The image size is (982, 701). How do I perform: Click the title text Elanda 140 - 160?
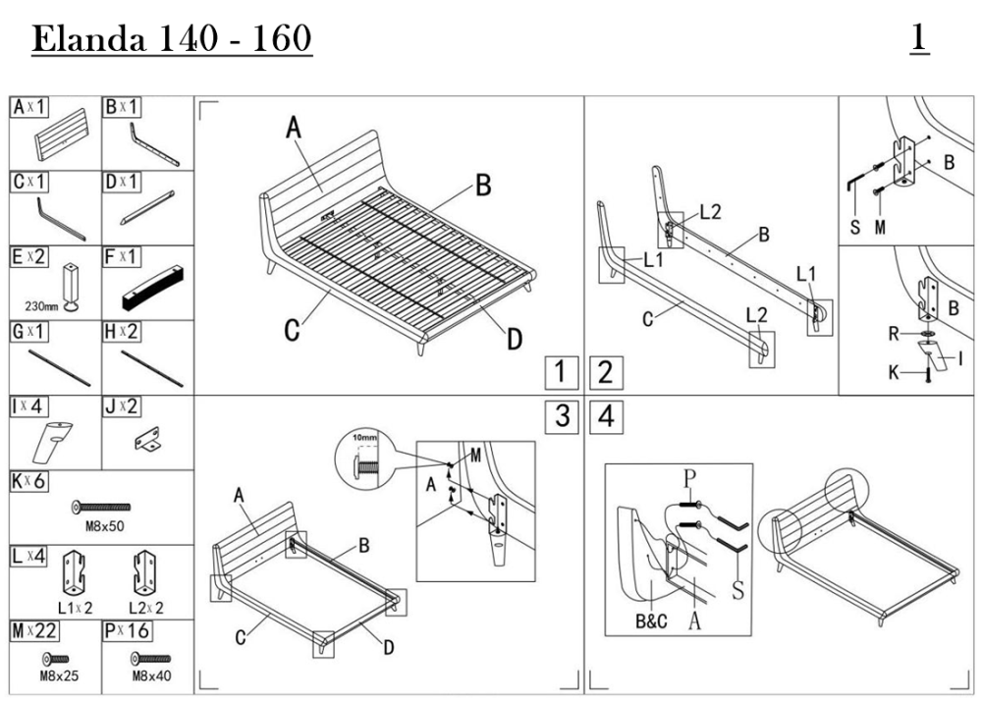coord(173,39)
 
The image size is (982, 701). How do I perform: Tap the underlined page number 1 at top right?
coord(919,39)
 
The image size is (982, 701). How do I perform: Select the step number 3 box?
coord(562,416)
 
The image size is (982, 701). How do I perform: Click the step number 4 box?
coord(606,416)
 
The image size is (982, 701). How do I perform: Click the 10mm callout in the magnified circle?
coord(362,439)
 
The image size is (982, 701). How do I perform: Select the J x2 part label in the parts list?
coord(123,406)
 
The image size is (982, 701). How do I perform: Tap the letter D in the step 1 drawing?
coord(514,340)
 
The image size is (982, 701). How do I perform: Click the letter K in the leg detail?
coord(894,373)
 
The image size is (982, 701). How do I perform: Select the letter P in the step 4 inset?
coord(690,477)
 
